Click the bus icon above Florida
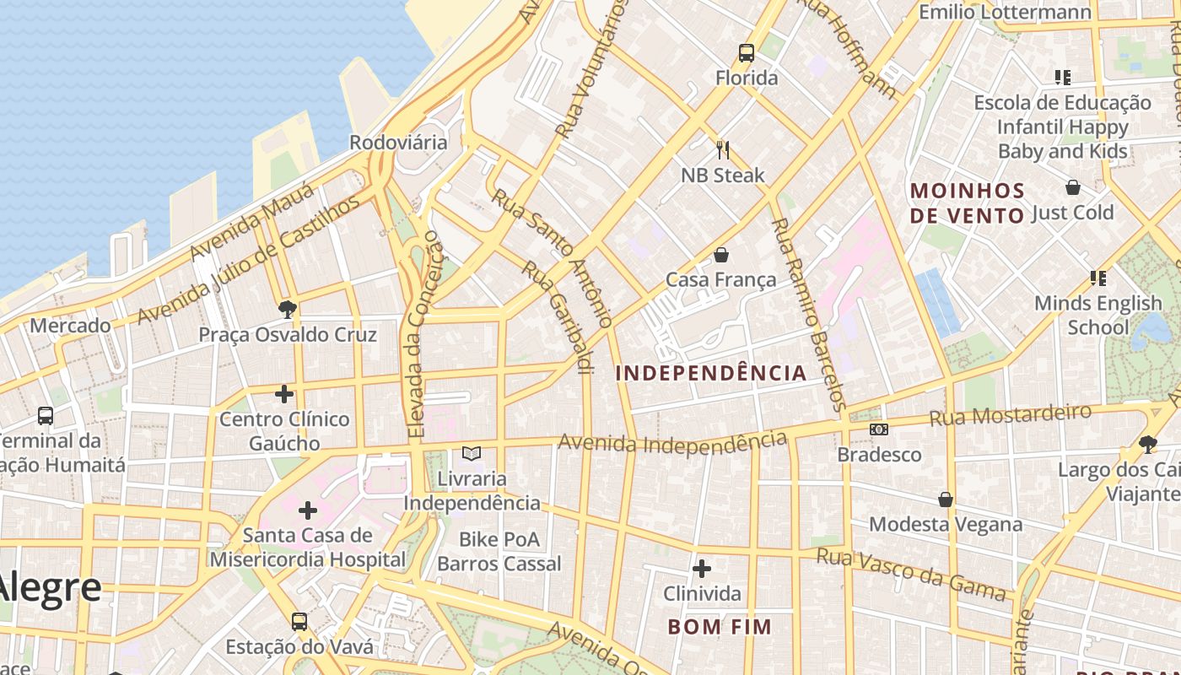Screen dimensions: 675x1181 coord(746,53)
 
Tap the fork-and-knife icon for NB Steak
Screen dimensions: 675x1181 coord(723,150)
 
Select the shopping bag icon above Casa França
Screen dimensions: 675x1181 coord(720,254)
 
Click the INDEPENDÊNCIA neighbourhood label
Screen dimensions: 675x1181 coord(711,373)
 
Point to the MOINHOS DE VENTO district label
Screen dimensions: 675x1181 coord(968,202)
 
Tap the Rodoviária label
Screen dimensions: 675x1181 coord(398,142)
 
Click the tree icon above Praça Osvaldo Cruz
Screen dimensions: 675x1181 coord(287,309)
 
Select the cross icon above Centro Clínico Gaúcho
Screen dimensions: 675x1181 coord(284,393)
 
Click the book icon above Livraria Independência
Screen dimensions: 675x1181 coord(471,454)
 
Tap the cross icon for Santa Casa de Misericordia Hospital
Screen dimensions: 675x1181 coord(308,510)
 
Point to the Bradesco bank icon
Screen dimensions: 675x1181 coord(879,429)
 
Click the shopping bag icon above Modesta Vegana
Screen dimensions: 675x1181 coord(946,499)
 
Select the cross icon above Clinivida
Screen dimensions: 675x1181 coord(701,569)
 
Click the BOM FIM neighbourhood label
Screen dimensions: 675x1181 coord(720,627)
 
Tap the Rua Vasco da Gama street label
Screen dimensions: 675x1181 coord(912,574)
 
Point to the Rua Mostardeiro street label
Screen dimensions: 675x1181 coord(1010,414)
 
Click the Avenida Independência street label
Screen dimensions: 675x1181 coord(672,441)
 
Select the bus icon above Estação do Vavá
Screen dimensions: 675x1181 coord(299,622)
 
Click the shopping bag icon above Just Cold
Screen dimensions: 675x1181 coord(1073,187)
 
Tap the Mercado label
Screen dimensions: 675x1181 coord(70,325)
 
